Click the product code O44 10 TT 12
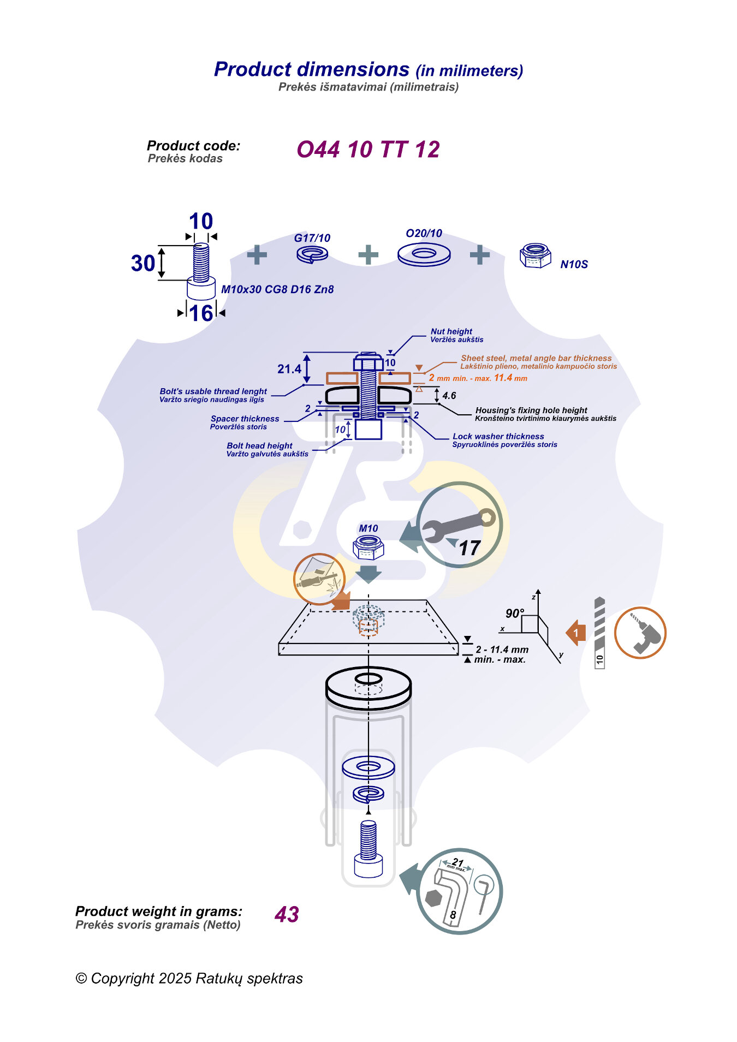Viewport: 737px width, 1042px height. [x=368, y=150]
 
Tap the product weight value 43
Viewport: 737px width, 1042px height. [x=287, y=915]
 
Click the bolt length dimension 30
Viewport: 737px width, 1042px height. [x=143, y=263]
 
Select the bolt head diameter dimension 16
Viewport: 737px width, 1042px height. [x=201, y=313]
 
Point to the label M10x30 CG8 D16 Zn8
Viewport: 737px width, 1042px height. [x=277, y=289]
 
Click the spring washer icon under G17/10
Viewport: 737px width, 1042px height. [x=312, y=254]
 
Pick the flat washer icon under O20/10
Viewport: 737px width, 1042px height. [x=424, y=254]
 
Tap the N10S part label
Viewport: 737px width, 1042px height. [x=574, y=265]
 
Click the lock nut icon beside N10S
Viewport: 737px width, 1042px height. [x=536, y=255]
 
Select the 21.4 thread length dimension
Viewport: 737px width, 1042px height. [x=289, y=369]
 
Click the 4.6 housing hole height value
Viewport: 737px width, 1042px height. [x=449, y=396]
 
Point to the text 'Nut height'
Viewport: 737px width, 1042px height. [x=451, y=331]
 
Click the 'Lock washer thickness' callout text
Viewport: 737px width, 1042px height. [x=498, y=436]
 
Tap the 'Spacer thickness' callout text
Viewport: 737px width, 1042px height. [x=245, y=419]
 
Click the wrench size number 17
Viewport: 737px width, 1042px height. [x=469, y=548]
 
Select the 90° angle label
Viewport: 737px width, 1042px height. [x=514, y=614]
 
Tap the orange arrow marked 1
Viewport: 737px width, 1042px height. [x=576, y=633]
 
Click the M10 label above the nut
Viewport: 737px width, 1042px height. [x=368, y=528]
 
